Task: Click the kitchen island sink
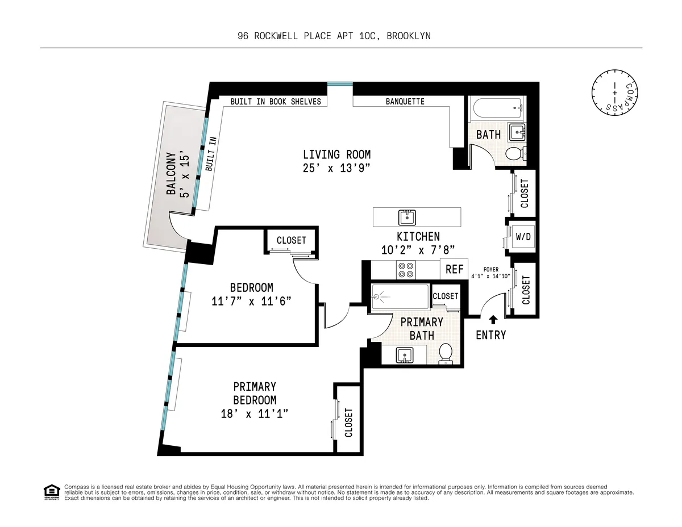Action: click(x=407, y=217)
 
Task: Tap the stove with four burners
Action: click(x=406, y=270)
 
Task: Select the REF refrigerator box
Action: click(x=454, y=270)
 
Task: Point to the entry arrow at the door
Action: click(x=492, y=320)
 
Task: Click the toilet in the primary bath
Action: click(x=446, y=353)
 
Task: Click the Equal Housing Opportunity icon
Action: click(x=52, y=492)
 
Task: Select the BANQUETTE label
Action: click(x=405, y=102)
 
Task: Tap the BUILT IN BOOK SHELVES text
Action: click(x=276, y=102)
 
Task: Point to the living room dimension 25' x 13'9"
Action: click(x=336, y=168)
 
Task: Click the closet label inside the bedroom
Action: click(x=291, y=240)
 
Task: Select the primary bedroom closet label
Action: click(x=348, y=423)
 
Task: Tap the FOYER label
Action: click(x=491, y=270)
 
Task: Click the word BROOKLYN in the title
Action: click(x=409, y=36)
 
